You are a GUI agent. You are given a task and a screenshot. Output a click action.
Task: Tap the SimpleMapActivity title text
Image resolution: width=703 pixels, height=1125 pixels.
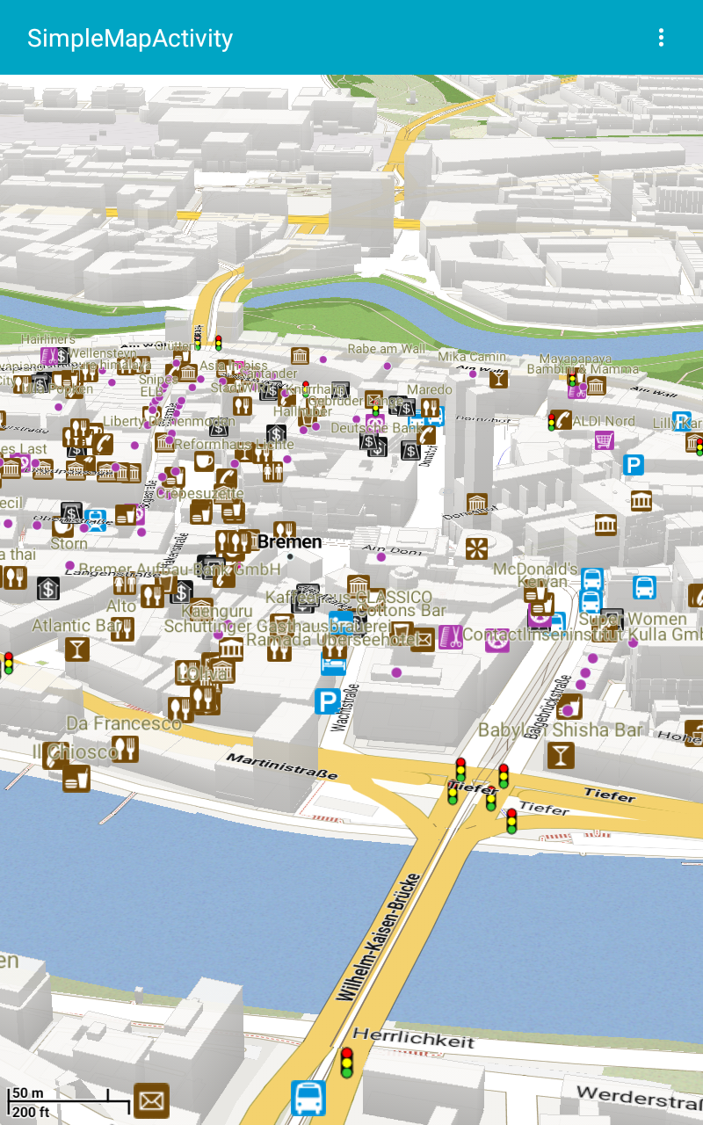pyautogui.click(x=130, y=39)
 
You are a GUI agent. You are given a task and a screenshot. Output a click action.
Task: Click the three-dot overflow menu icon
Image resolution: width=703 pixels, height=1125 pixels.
pyautogui.click(x=661, y=38)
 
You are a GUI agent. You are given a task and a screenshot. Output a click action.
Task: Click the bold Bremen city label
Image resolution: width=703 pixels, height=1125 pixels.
pyautogui.click(x=289, y=542)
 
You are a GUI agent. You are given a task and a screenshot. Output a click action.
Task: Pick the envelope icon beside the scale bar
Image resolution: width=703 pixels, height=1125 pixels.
pyautogui.click(x=151, y=1100)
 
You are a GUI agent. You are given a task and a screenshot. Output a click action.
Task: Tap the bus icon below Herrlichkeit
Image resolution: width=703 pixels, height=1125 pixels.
pyautogui.click(x=308, y=1098)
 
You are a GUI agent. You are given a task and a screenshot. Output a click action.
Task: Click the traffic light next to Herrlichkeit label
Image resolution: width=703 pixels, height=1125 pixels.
pyautogui.click(x=346, y=1063)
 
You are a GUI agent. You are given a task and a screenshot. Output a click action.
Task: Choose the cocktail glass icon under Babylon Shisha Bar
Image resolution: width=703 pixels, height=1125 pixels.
pyautogui.click(x=560, y=755)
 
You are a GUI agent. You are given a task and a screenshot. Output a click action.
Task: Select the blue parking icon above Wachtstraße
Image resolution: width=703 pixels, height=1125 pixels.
pyautogui.click(x=327, y=700)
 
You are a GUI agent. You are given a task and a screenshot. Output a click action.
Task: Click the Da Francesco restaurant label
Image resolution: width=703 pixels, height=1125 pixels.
pyautogui.click(x=124, y=723)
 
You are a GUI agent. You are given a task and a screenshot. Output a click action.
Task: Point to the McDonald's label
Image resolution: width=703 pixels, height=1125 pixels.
pyautogui.click(x=535, y=569)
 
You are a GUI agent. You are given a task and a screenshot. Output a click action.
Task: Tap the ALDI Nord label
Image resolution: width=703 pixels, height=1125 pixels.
pyautogui.click(x=604, y=421)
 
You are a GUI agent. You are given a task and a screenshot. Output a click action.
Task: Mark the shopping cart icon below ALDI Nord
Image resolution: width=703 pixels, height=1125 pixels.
pyautogui.click(x=604, y=440)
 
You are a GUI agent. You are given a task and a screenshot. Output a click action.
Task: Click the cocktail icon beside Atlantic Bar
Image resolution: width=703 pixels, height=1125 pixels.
pyautogui.click(x=76, y=650)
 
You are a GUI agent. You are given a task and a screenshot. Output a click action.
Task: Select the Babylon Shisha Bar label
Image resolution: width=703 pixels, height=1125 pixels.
pyautogui.click(x=560, y=730)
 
